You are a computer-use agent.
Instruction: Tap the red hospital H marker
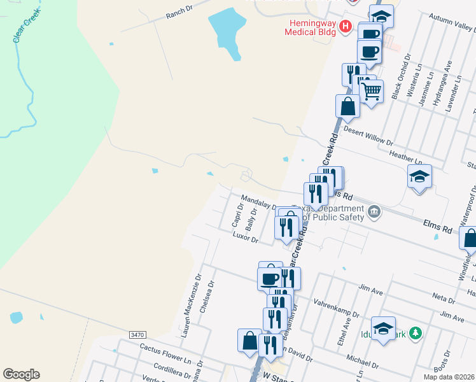346,26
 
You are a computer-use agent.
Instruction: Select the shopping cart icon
371,90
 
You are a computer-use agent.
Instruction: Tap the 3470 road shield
137,334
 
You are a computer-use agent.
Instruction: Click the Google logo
21,374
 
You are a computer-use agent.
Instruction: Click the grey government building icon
374,211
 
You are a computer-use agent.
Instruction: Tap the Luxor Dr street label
245,238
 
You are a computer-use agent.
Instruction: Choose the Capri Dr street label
237,215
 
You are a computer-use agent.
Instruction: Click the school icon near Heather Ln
419,176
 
